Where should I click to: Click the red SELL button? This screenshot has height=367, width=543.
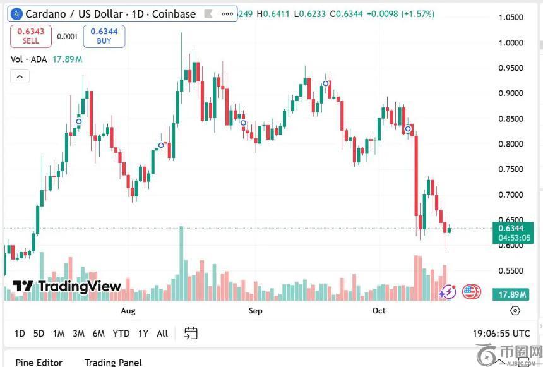30,36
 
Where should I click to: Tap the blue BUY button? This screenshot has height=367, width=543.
104,36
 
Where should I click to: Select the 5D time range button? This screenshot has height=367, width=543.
39,333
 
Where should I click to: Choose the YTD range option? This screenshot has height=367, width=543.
121,333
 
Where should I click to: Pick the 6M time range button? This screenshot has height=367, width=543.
98,333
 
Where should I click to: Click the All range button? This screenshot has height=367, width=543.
162,333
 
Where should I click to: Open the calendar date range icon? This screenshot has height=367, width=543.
191,333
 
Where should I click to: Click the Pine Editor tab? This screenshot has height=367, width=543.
39,362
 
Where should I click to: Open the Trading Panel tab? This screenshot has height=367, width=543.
113,362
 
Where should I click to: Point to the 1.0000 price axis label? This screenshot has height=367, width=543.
510,43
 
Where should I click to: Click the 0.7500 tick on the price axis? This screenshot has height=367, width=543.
510,169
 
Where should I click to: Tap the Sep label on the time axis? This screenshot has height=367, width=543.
255,311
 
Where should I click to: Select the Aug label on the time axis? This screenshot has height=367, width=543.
128,311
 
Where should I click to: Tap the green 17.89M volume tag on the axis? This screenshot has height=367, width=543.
512,294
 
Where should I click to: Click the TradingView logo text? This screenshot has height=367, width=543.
67,286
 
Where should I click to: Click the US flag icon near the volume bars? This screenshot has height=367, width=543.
471,292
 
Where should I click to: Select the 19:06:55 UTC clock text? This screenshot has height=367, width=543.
501,333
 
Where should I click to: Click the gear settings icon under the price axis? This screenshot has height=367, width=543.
515,311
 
